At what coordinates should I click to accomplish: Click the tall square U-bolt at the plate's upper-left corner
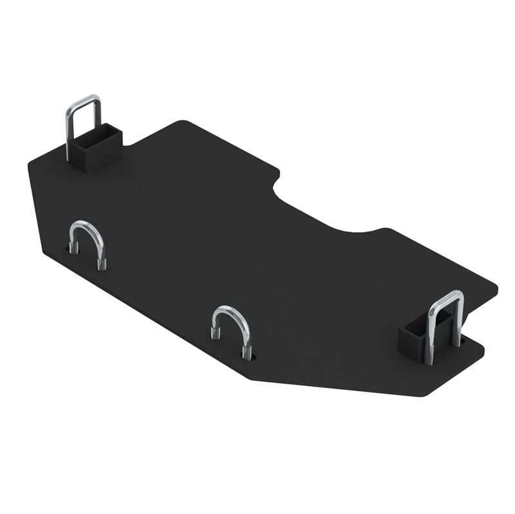(83, 122)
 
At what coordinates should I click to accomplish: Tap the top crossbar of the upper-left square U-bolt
(84, 100)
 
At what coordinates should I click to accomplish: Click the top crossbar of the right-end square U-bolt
(447, 296)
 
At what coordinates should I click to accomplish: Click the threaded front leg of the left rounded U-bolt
(102, 257)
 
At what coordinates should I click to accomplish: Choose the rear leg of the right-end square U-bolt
(458, 322)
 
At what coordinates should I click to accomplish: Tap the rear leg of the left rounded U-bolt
(73, 243)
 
